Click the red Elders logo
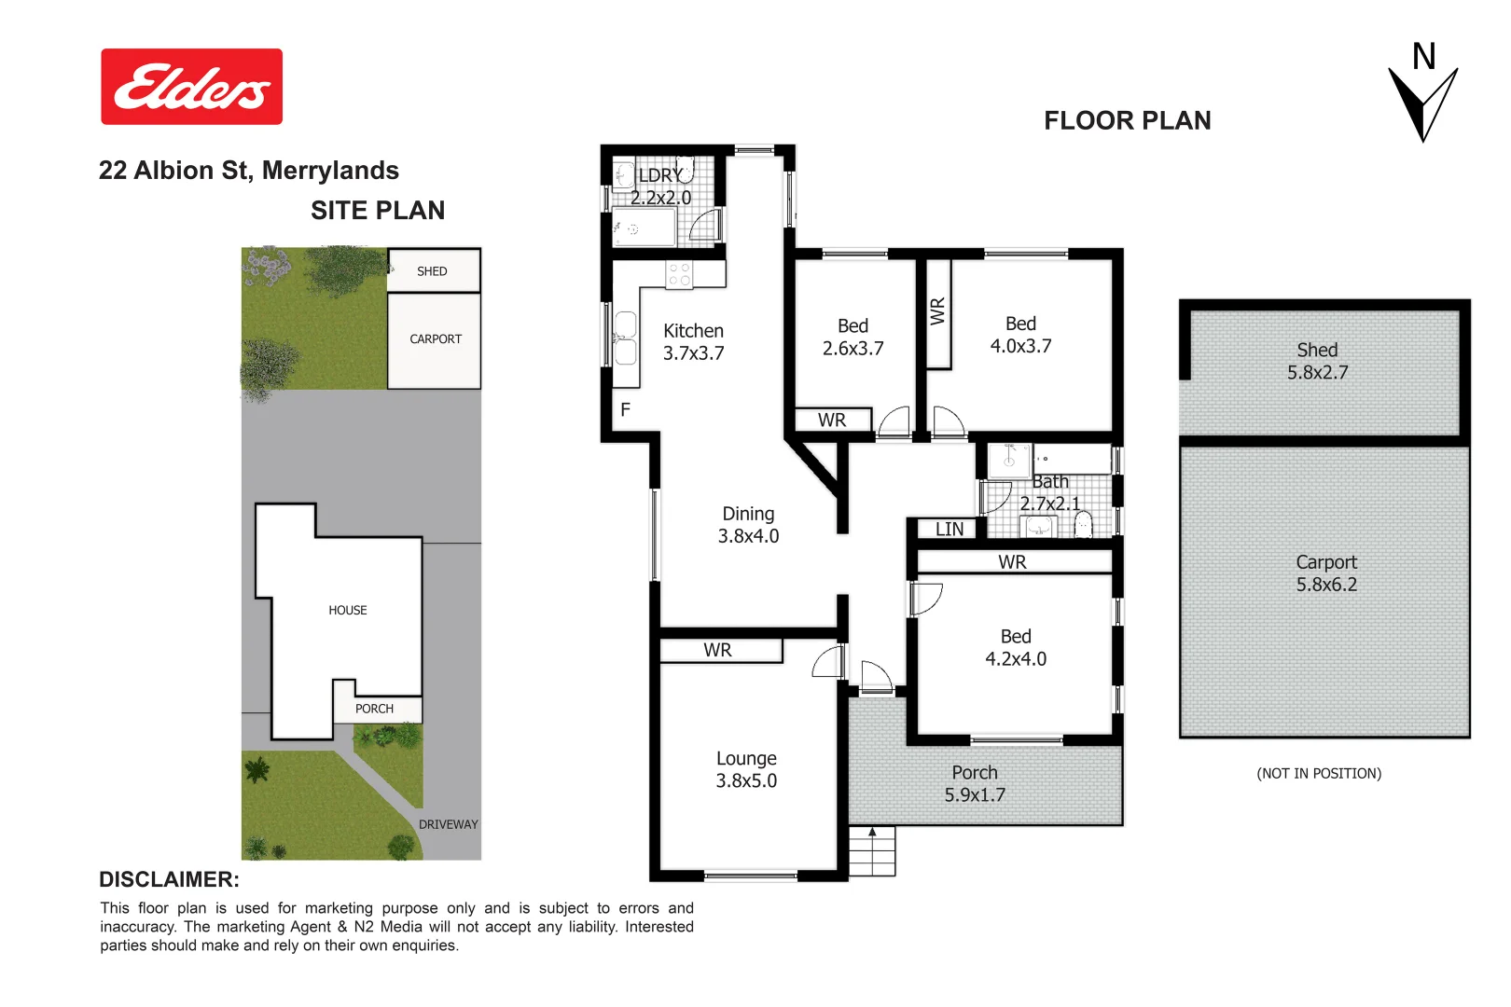click(191, 87)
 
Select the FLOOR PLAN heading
click(1127, 121)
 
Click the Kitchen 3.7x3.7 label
click(693, 342)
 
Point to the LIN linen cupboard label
click(949, 530)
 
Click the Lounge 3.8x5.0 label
click(746, 770)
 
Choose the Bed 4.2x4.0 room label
click(1016, 648)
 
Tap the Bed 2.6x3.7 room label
click(853, 338)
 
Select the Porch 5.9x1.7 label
click(975, 784)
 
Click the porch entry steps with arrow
click(872, 850)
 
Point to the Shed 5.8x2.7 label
click(1317, 362)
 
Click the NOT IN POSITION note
click(1319, 774)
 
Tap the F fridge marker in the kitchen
click(625, 410)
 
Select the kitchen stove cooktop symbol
click(679, 274)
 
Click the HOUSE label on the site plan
click(347, 611)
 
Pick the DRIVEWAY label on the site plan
click(448, 825)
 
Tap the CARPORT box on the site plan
click(435, 340)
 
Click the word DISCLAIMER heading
click(169, 880)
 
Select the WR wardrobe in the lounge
click(718, 650)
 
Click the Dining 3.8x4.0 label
click(748, 525)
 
